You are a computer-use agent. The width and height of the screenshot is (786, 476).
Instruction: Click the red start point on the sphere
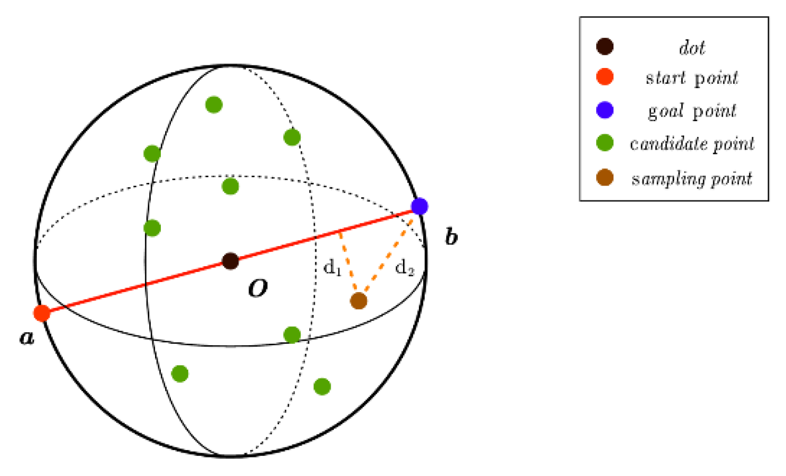click(42, 313)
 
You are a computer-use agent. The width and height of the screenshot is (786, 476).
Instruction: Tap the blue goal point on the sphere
click(419, 206)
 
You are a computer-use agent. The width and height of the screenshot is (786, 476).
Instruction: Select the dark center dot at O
click(231, 260)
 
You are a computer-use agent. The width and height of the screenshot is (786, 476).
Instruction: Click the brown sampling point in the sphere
click(359, 301)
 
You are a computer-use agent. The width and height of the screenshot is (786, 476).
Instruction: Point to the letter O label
click(258, 288)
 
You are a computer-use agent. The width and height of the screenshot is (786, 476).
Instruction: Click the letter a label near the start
click(27, 337)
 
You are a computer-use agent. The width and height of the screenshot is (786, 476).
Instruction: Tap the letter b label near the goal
click(451, 237)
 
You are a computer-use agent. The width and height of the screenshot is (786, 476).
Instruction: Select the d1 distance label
click(332, 267)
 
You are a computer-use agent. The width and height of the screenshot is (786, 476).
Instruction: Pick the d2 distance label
click(405, 268)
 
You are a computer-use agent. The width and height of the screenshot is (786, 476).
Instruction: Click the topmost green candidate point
click(214, 104)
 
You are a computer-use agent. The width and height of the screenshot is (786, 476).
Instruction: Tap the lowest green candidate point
click(322, 386)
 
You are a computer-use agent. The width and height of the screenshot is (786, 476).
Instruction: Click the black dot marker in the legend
click(605, 46)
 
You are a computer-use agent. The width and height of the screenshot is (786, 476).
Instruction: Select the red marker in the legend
click(605, 77)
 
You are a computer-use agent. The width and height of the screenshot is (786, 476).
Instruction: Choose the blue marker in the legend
click(605, 110)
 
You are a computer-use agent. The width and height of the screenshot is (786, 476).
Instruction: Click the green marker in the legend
click(605, 142)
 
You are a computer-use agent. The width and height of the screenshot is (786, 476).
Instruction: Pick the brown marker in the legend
click(605, 178)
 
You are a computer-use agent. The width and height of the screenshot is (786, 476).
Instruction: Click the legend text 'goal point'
click(692, 111)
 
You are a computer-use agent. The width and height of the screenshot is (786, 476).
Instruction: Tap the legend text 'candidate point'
click(692, 144)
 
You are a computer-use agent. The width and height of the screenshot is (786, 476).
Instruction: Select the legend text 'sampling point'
click(692, 179)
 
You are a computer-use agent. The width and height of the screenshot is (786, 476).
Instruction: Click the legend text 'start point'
click(692, 78)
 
